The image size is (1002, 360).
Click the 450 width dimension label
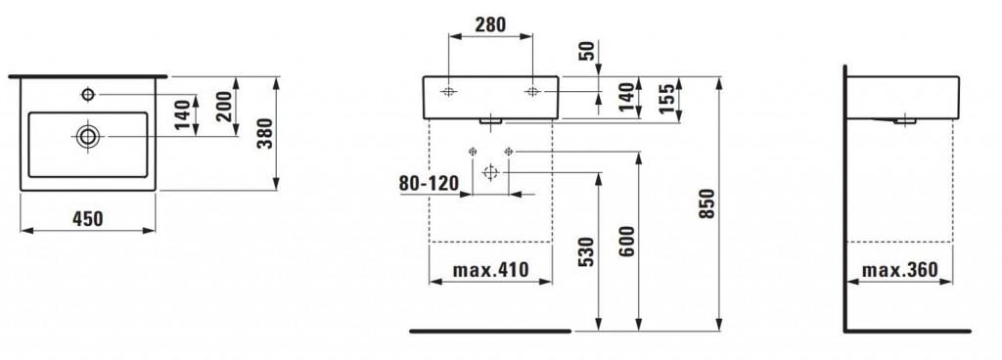coord(87,219)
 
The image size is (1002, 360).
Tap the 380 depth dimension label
coord(264,133)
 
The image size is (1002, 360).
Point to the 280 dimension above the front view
coord(490,24)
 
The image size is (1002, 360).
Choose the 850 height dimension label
coord(706,203)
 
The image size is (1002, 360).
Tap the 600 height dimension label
coord(627,242)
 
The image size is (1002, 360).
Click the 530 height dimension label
coord(587,252)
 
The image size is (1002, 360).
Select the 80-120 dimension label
coord(429,183)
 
